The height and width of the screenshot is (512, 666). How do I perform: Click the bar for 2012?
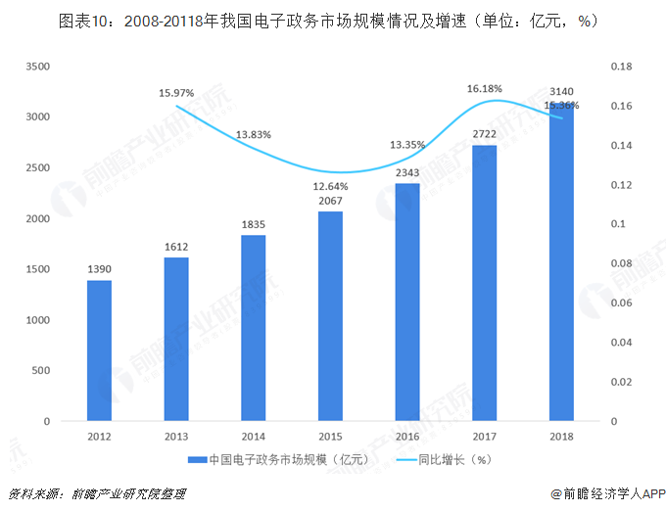point(99,350)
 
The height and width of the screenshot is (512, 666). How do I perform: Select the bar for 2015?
point(331,316)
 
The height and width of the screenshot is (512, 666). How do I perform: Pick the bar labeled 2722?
point(485,283)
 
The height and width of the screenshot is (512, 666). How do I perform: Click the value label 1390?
point(99,267)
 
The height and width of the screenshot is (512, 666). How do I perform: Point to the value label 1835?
point(253,223)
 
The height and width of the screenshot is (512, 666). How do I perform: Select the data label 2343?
point(407,172)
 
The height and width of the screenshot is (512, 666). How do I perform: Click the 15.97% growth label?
point(176,93)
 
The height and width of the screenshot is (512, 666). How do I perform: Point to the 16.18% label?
point(484,88)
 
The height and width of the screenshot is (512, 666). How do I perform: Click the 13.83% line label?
point(254,134)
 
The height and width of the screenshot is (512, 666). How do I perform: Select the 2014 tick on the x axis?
point(253,437)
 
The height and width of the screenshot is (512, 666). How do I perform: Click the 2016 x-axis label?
point(407,437)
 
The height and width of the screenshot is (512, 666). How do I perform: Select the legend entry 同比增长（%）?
point(448,459)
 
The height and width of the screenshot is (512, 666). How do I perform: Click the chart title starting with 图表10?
point(333,19)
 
